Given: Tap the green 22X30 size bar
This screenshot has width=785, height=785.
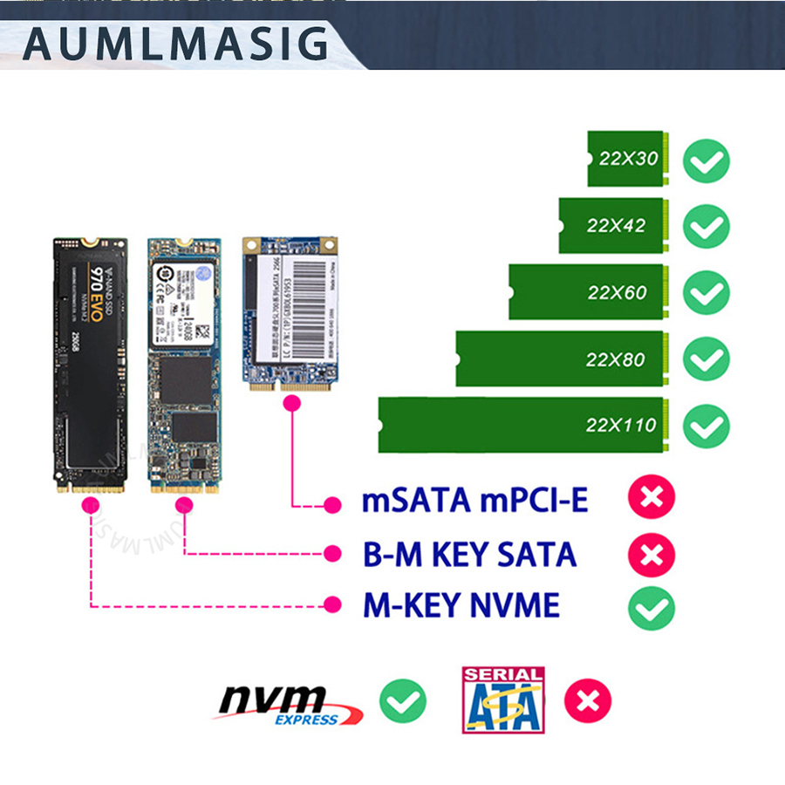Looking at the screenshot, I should pyautogui.click(x=627, y=159).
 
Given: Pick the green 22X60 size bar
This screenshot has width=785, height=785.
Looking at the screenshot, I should pyautogui.click(x=589, y=291).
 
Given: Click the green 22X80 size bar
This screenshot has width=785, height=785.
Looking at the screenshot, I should pyautogui.click(x=563, y=358).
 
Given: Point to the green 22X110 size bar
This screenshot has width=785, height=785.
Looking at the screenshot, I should pyautogui.click(x=523, y=425).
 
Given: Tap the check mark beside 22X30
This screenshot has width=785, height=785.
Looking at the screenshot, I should pyautogui.click(x=706, y=160).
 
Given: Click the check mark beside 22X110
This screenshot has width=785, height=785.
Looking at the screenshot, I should pyautogui.click(x=706, y=427).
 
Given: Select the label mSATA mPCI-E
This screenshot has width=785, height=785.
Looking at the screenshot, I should pyautogui.click(x=474, y=502).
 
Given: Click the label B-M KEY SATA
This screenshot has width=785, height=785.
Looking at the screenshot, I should pyautogui.click(x=469, y=554).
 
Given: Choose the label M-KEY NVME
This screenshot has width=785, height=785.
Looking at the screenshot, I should pyautogui.click(x=461, y=605).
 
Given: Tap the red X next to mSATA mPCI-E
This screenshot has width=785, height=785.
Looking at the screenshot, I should pyautogui.click(x=652, y=500).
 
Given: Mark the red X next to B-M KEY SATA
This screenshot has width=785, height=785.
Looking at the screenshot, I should pyautogui.click(x=652, y=554).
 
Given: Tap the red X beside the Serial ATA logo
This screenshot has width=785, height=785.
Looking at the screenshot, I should pyautogui.click(x=588, y=701).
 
